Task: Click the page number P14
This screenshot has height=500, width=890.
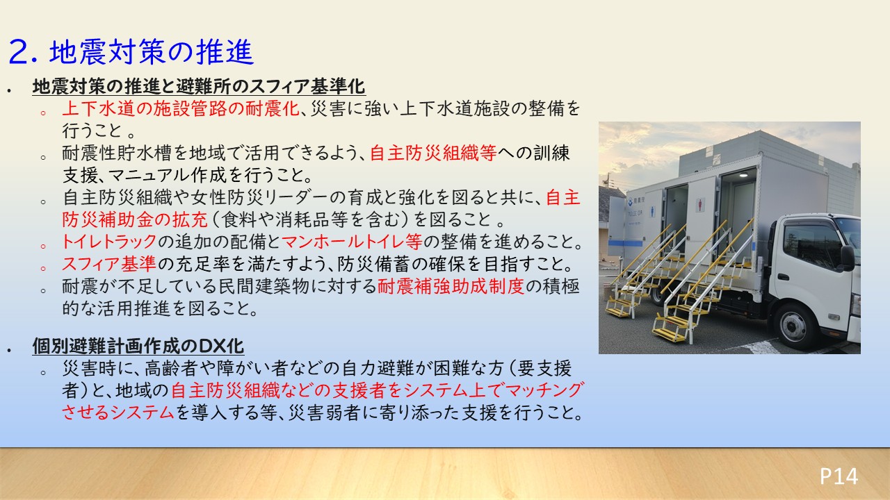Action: tap(839, 476)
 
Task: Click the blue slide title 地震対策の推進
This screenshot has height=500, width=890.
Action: tap(152, 52)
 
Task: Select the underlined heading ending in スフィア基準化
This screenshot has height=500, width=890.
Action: tap(199, 86)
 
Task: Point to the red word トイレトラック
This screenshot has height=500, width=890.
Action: tap(110, 241)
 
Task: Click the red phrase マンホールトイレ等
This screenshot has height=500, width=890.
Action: tap(352, 241)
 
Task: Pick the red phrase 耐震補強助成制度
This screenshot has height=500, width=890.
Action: tap(451, 285)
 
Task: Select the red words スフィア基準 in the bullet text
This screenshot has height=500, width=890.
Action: tap(109, 263)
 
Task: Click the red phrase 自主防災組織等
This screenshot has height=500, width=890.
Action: tap(433, 153)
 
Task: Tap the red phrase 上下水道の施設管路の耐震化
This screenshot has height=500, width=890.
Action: tap(181, 108)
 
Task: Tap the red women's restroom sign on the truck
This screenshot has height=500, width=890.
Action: tap(700, 205)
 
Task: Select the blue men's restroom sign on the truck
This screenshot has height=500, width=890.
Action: tap(653, 211)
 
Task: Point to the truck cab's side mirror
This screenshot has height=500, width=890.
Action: tap(847, 258)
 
